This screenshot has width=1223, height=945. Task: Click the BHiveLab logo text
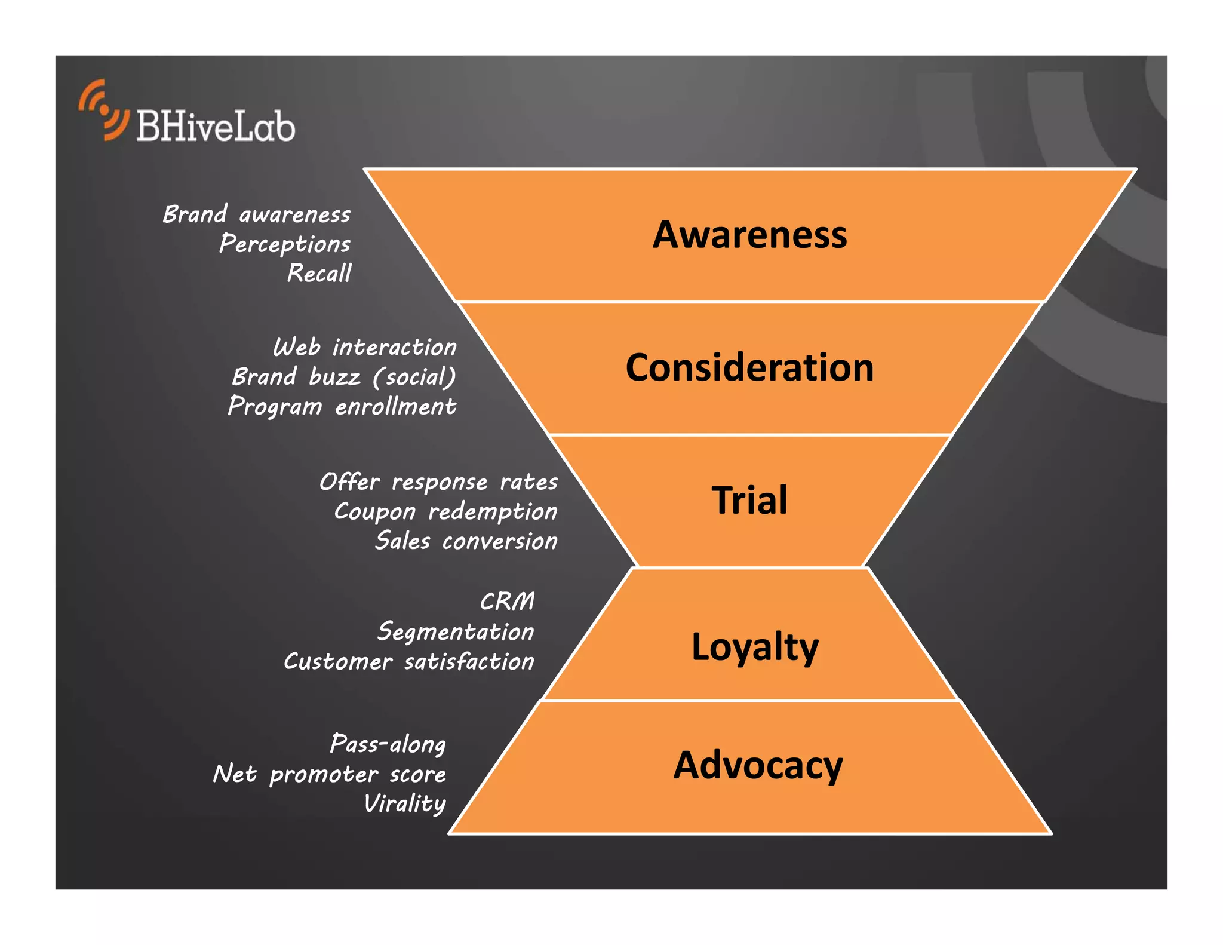click(216, 126)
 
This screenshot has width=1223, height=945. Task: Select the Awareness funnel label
click(749, 234)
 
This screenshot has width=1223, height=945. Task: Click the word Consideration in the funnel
click(749, 367)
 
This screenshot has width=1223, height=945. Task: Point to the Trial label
click(749, 500)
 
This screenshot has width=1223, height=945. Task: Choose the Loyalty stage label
click(755, 647)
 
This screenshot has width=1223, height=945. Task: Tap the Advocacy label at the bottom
click(758, 765)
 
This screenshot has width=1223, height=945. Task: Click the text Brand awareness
click(257, 214)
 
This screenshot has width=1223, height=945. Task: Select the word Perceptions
click(285, 244)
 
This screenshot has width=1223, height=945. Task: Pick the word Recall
click(319, 274)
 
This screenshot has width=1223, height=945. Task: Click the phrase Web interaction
click(364, 347)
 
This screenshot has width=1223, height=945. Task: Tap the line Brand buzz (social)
click(344, 377)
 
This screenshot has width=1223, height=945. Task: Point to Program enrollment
click(342, 407)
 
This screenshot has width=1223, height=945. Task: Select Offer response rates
click(438, 482)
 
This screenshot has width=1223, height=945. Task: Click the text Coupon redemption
click(445, 511)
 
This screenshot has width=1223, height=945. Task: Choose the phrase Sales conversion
click(466, 541)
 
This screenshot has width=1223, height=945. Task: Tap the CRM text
click(507, 602)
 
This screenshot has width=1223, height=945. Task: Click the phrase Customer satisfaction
click(408, 662)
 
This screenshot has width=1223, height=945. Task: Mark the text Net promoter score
click(330, 774)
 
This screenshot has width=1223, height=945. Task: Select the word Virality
click(405, 804)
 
